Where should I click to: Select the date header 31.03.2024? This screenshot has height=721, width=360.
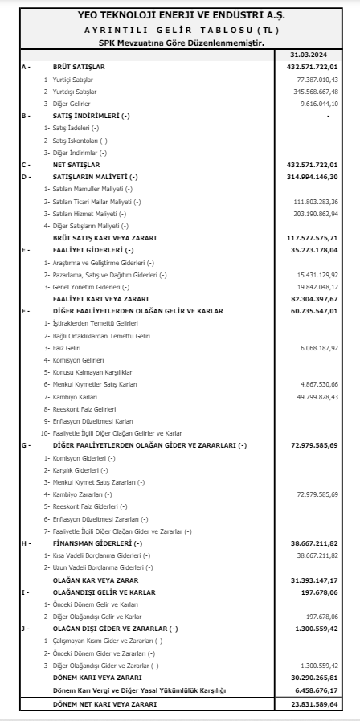point(314,54)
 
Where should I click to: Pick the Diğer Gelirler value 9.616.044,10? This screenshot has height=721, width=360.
point(319,104)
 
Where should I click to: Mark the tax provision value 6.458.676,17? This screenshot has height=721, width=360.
point(316,690)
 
